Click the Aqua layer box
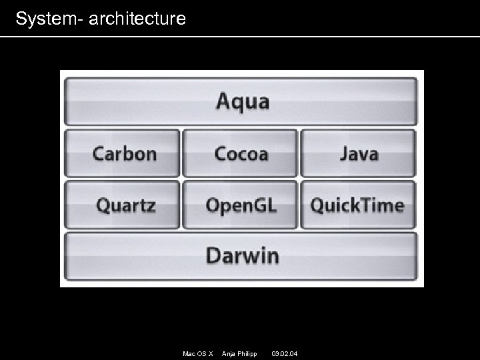(x=241, y=102)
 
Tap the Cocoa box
(x=241, y=153)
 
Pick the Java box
(x=359, y=153)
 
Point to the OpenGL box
(x=241, y=205)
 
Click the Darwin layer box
(x=241, y=256)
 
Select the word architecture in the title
(x=137, y=19)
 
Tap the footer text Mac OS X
(x=198, y=353)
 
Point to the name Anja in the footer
(x=229, y=353)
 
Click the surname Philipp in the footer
(x=247, y=353)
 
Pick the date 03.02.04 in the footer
(x=285, y=353)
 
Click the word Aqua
(x=243, y=102)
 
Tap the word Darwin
(x=242, y=255)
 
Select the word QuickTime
(x=357, y=205)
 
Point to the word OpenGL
(x=241, y=205)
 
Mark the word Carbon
(x=125, y=153)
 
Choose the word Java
(x=359, y=153)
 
